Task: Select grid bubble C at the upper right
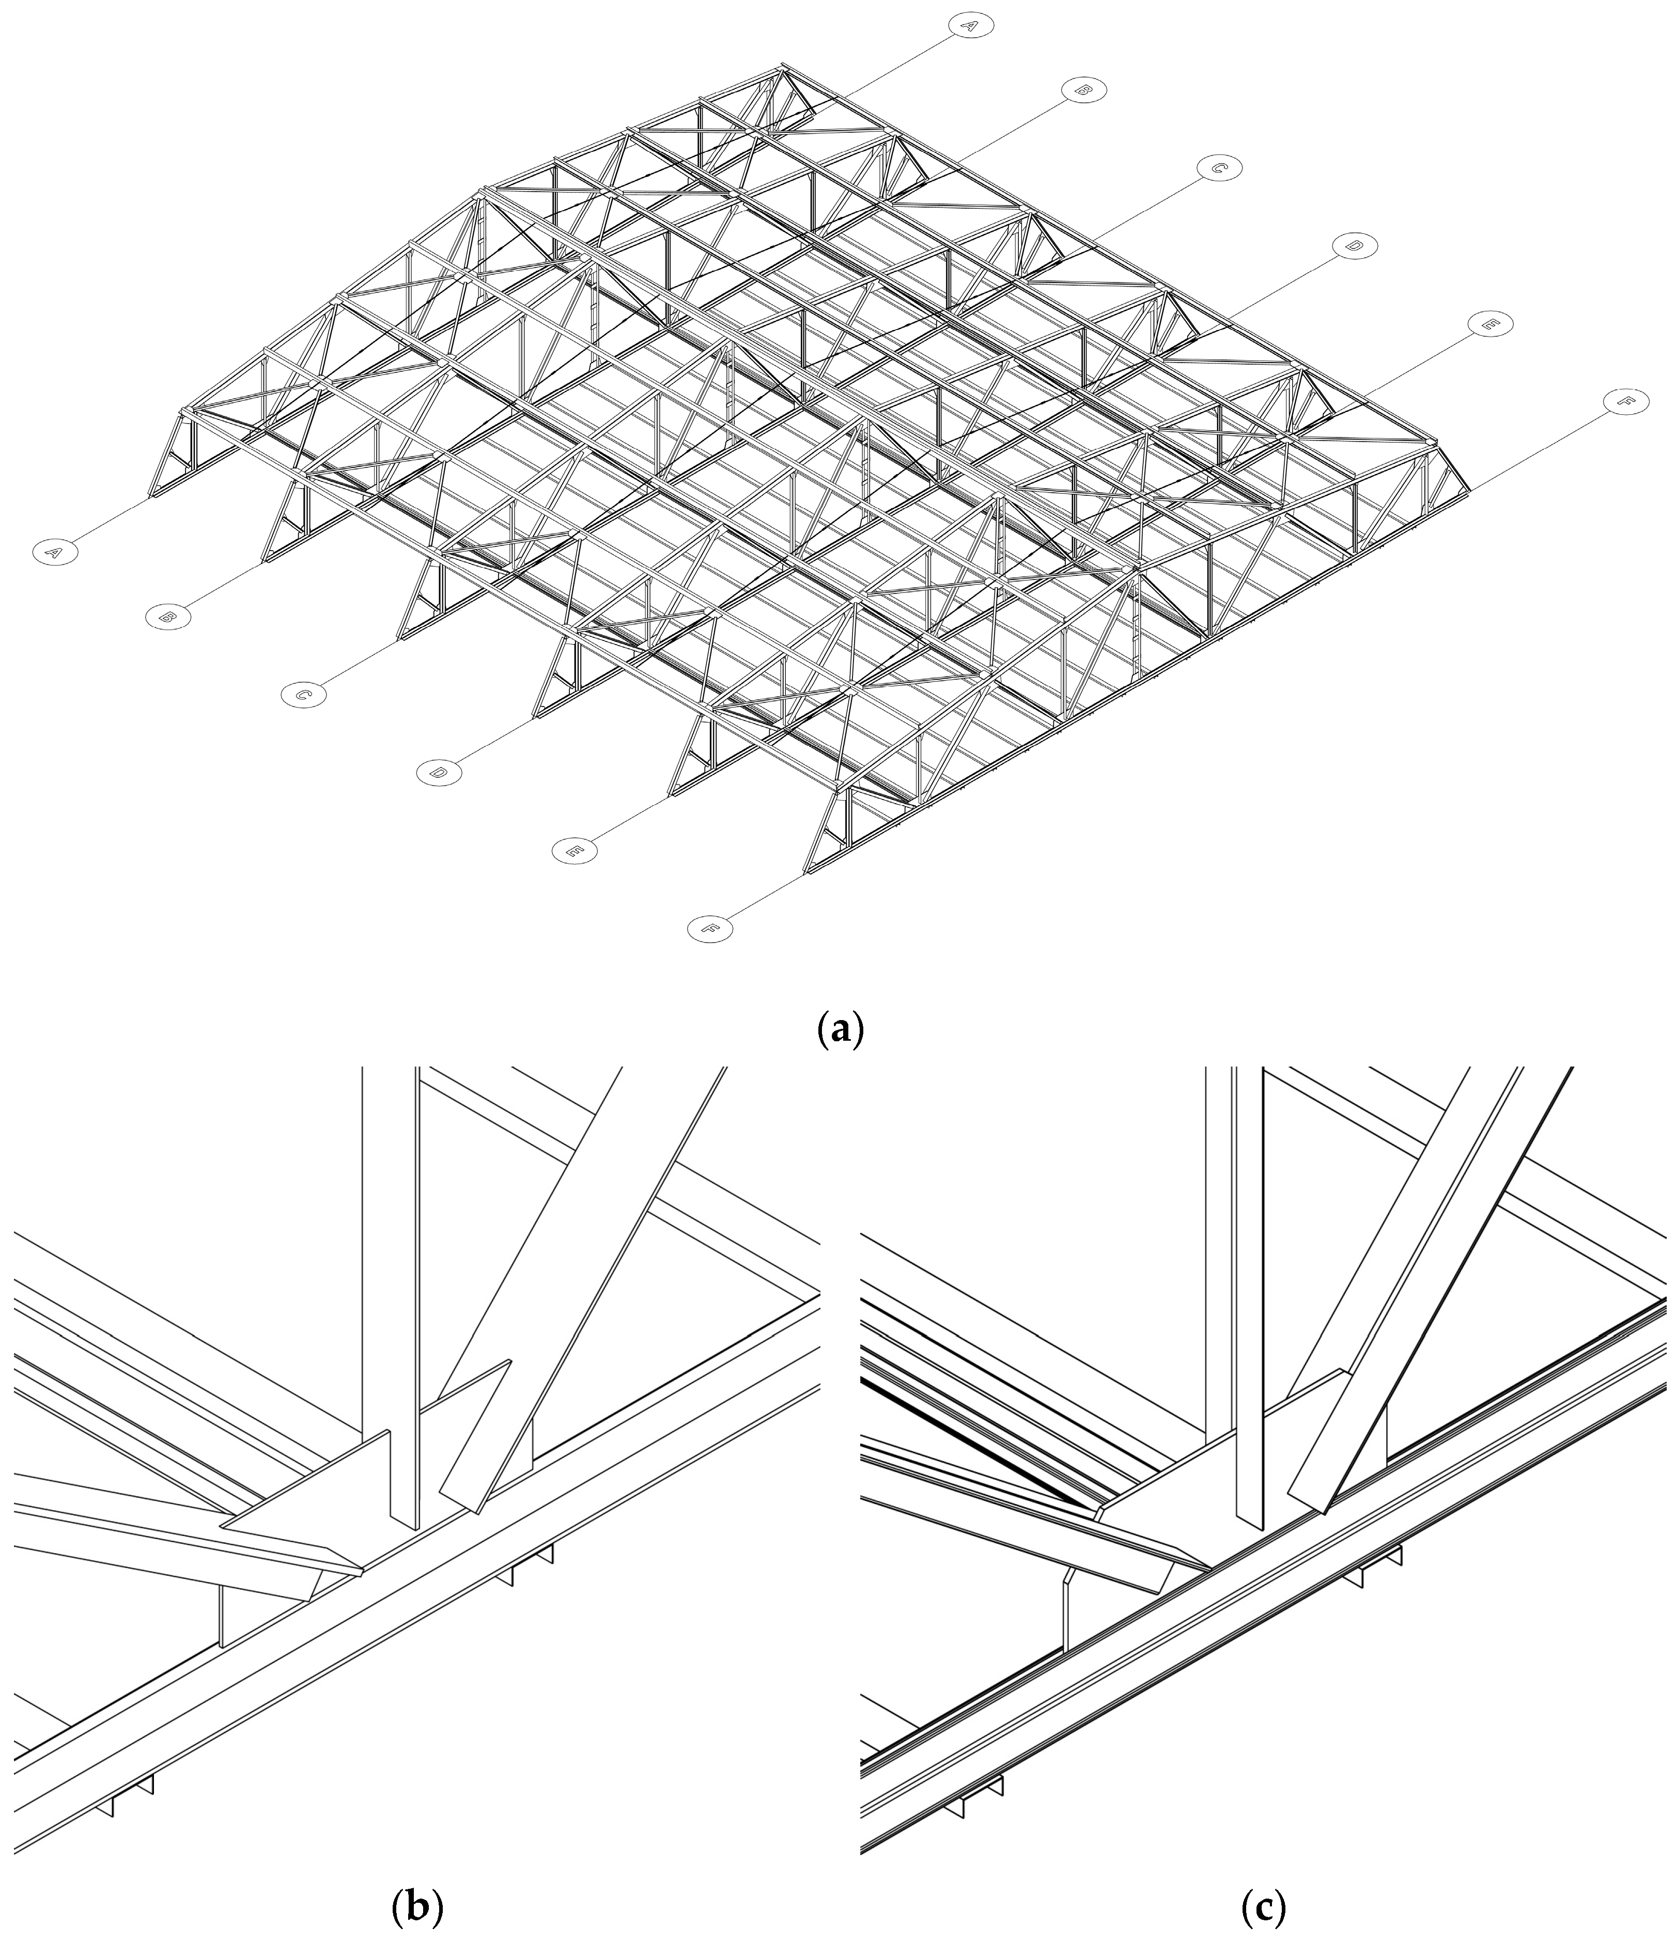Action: click(1219, 169)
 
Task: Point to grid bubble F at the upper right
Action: click(1625, 401)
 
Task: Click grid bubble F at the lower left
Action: click(709, 929)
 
